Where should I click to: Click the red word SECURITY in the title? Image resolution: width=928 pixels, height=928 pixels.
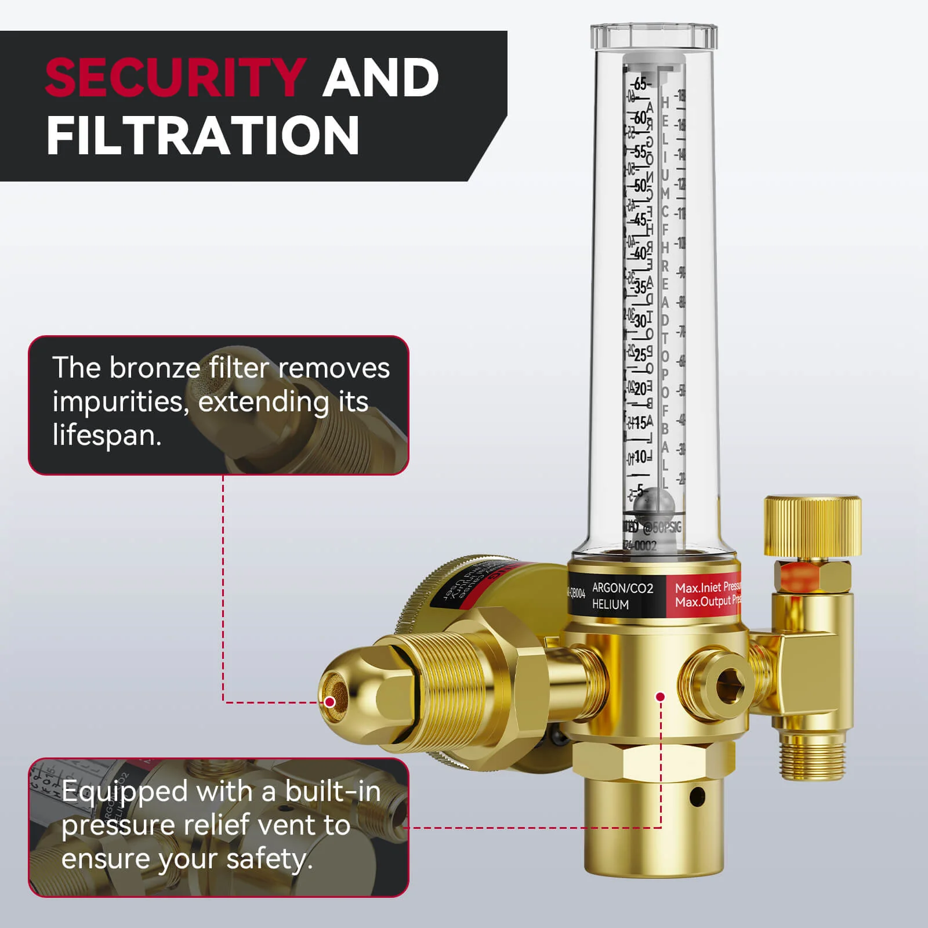[175, 78]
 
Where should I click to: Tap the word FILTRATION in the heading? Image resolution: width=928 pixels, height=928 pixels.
[203, 136]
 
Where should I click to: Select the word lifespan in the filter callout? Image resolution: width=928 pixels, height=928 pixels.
[106, 435]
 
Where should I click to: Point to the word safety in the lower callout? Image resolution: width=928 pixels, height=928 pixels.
[269, 858]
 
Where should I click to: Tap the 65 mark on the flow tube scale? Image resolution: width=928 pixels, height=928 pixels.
[640, 84]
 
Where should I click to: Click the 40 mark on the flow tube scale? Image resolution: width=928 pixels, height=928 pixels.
[640, 253]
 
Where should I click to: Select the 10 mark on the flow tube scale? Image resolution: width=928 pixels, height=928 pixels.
[640, 456]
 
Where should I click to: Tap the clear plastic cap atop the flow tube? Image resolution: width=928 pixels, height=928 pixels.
[654, 36]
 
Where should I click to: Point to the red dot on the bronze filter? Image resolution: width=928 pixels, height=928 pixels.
[330, 702]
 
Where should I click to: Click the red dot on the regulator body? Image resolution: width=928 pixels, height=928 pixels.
[660, 697]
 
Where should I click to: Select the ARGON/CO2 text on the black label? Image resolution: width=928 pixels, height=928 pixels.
[622, 588]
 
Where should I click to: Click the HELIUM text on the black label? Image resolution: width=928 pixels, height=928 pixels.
[610, 604]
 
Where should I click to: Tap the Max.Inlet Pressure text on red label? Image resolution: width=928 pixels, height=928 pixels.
[708, 588]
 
